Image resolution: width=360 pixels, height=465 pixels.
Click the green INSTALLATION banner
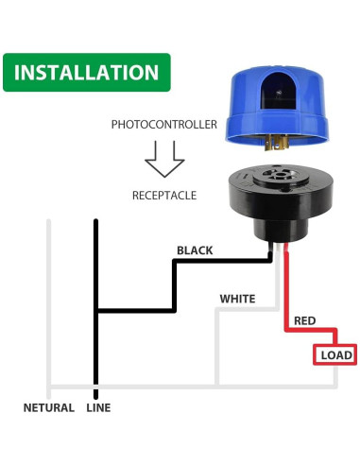tap(86, 72)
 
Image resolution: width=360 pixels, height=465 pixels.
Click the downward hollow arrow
tap(165, 161)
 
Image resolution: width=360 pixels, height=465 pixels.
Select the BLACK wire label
tap(195, 250)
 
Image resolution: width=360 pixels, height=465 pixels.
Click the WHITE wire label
tap(237, 299)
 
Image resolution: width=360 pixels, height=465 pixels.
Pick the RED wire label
tap(304, 321)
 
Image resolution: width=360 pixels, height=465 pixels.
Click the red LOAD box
tap(336, 354)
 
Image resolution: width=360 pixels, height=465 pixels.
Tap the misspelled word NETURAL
tap(49, 407)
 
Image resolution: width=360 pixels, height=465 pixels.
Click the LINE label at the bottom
tap(99, 407)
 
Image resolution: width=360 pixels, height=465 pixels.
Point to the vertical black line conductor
tap(94, 284)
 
